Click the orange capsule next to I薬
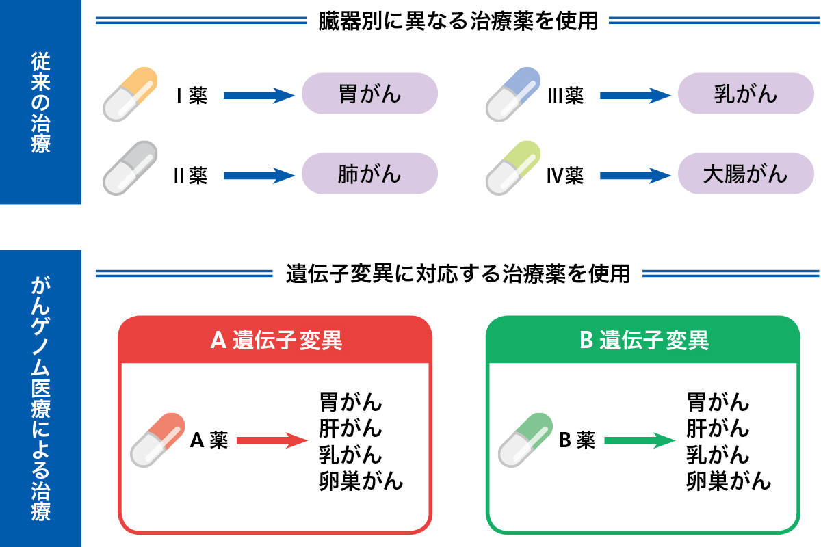(x=131, y=95)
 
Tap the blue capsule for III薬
(x=513, y=95)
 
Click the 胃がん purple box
(x=369, y=94)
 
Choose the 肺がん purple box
(x=369, y=174)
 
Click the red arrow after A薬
(x=271, y=441)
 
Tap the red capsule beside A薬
(x=158, y=440)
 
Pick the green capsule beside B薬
(x=525, y=440)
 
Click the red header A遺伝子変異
(x=276, y=340)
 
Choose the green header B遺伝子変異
(x=643, y=340)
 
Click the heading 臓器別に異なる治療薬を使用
(x=458, y=21)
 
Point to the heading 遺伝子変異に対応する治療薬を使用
(x=458, y=274)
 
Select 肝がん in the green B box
(x=718, y=429)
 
